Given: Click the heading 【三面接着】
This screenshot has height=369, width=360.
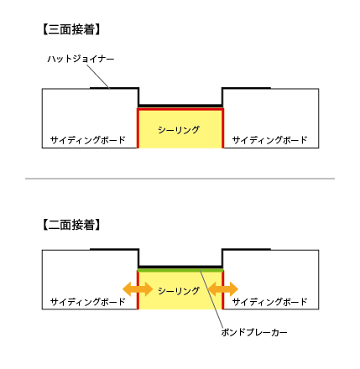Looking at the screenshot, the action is tap(71, 29).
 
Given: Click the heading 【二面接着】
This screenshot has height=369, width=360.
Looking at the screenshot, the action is tap(71, 225).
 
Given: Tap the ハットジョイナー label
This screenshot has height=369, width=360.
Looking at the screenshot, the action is tap(81, 60).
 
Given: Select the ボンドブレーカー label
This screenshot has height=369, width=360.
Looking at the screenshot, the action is tap(254, 333).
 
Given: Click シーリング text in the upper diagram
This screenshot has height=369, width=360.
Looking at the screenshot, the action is tap(179, 130).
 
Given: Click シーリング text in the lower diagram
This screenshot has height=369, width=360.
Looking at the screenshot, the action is tap(179, 291).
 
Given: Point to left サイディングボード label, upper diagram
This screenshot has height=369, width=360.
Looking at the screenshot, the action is tap(88, 140).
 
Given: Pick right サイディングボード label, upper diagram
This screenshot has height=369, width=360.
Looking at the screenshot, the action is tap(270, 140).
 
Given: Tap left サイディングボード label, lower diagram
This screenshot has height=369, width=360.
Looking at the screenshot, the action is tap(88, 302).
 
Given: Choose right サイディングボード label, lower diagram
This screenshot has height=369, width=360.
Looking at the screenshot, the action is tap(270, 302).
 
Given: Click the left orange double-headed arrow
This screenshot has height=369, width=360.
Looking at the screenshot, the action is tap(138, 289).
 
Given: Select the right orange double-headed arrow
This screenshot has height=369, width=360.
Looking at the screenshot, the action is tap(223, 289).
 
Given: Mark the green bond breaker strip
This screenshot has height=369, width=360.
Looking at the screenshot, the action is tap(180, 270).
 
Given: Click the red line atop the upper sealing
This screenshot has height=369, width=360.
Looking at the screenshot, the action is tap(180, 109).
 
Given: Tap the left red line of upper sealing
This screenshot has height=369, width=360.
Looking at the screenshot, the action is tap(138, 128).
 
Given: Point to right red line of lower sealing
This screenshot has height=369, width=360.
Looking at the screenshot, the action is tap(223, 289).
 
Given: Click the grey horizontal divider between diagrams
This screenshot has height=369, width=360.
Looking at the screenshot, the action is tap(180, 179).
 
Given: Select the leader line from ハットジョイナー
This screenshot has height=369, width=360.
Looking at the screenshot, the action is tap(97, 76).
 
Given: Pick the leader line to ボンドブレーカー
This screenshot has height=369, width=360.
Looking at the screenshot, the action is tap(211, 299).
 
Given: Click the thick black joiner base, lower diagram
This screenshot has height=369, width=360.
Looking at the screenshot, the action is tap(180, 267).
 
